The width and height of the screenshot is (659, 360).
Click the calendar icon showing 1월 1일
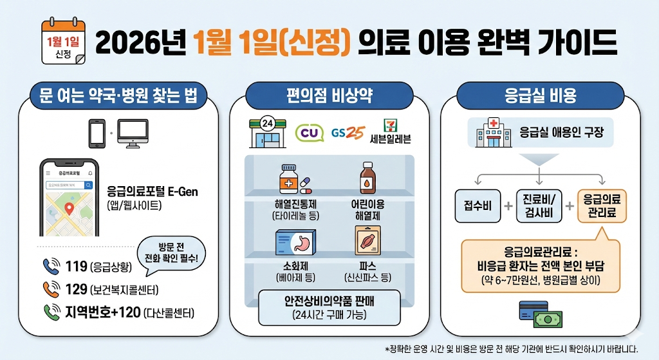pos(63,42)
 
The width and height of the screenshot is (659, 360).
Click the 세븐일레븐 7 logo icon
pos(390,124)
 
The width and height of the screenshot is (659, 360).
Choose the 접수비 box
pos(477,206)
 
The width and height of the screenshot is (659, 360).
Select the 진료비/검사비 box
pos(539,206)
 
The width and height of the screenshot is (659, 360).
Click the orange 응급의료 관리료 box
pos(602,205)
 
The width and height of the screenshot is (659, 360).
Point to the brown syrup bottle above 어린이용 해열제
pos(367,178)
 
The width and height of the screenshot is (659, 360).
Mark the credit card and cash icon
pos(539,311)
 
